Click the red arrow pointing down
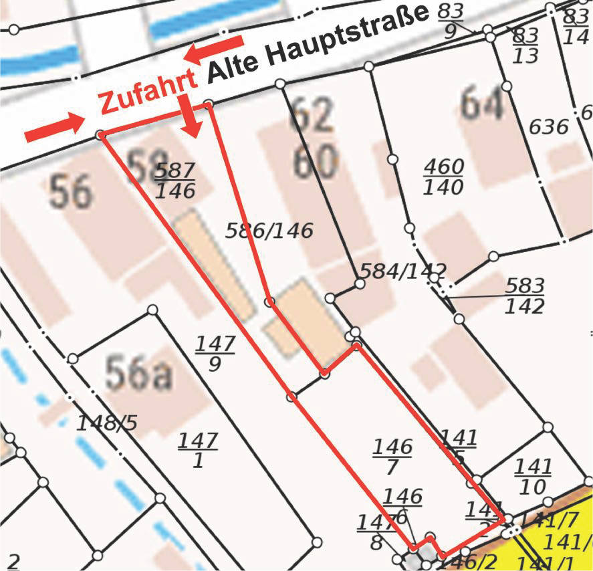[191, 115]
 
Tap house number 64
[481, 104]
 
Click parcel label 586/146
[269, 231]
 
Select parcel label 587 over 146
[175, 180]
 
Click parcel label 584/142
[402, 271]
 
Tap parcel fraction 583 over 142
[523, 295]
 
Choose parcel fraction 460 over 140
[443, 177]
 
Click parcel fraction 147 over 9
[215, 354]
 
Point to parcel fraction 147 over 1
[198, 450]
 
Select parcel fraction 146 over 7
[392, 457]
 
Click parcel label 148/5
[106, 423]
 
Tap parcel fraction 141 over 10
[533, 476]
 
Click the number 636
[548, 126]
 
